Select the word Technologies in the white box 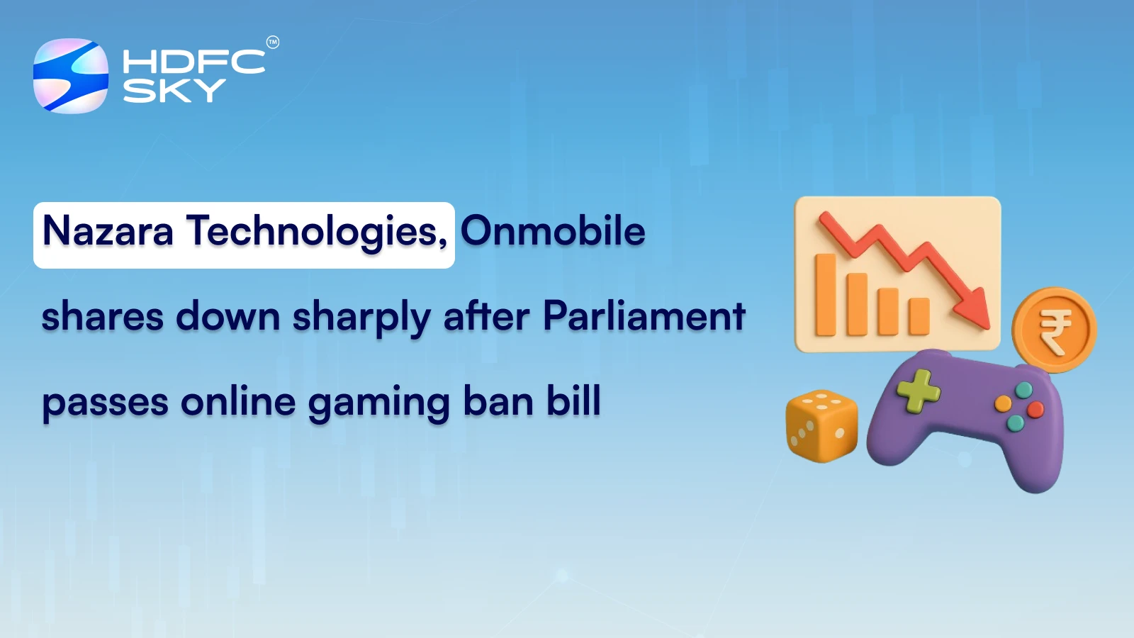click(316, 233)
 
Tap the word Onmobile click(553, 231)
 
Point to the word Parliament click(644, 316)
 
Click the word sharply click(361, 318)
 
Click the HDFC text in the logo click(193, 62)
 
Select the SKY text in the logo click(174, 90)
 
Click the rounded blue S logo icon click(71, 76)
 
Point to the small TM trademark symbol click(273, 43)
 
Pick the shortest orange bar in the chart click(919, 316)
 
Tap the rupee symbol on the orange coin click(1055, 330)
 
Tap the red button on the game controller click(1035, 409)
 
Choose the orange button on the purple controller click(1004, 404)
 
